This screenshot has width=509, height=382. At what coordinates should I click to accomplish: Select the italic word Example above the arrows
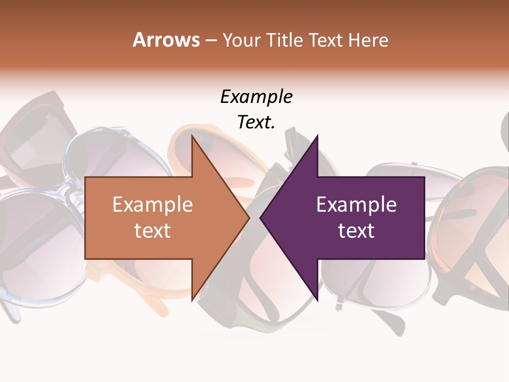point(256,97)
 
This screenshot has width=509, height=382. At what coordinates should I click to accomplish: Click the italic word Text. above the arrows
point(256,122)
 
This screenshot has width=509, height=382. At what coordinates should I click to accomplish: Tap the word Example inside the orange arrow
point(153,205)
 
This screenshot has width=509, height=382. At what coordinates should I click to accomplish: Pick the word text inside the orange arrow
point(153,230)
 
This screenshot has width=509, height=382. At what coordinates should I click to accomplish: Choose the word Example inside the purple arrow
point(356,205)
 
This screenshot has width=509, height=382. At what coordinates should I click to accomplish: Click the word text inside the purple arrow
point(356,230)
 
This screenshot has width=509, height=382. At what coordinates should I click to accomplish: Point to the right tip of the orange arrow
point(249,218)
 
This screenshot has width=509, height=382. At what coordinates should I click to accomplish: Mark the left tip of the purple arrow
point(260,218)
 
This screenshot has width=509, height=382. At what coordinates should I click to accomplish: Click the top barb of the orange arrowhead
point(192,136)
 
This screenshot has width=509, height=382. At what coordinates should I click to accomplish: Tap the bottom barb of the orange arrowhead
point(192,299)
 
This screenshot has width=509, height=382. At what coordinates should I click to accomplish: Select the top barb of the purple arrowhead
point(317,136)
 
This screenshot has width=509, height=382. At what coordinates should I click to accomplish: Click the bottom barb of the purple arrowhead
point(317,299)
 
